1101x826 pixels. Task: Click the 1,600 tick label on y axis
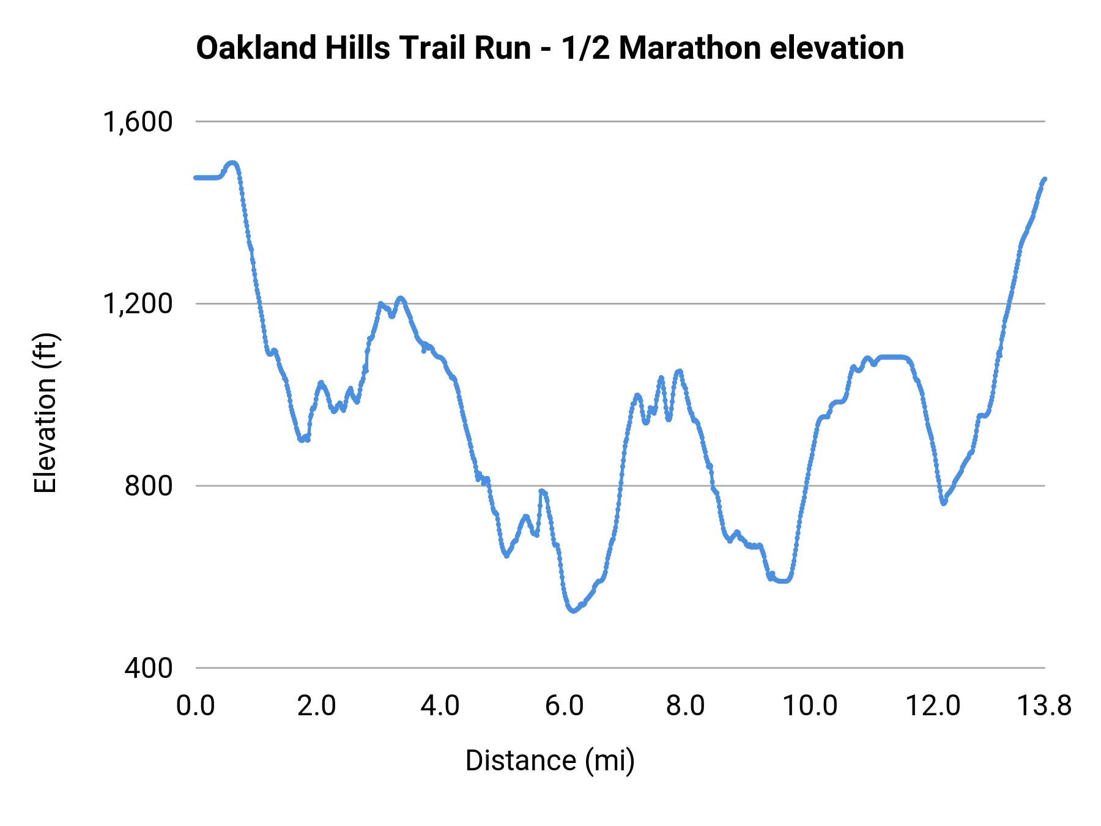pos(138,122)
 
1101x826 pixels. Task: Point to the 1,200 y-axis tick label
pos(138,303)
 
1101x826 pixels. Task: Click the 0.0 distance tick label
pos(195,706)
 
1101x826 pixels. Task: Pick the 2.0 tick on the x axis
pos(317,706)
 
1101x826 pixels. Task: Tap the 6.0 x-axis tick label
pos(564,706)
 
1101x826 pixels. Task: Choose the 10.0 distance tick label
pos(810,706)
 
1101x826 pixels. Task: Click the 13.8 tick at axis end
pos(1044,706)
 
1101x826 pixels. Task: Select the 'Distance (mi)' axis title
pos(550,761)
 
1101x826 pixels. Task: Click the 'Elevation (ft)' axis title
pos(45,414)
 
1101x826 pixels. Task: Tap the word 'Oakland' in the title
pos(256,48)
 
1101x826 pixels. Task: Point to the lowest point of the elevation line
pos(573,611)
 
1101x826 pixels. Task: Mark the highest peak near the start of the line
pos(232,163)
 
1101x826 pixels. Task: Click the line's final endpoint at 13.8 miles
pos(1045,179)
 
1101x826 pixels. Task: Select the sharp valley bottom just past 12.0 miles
pos(944,503)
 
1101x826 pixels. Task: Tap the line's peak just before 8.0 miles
pos(678,371)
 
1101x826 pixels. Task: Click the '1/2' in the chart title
pos(585,48)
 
